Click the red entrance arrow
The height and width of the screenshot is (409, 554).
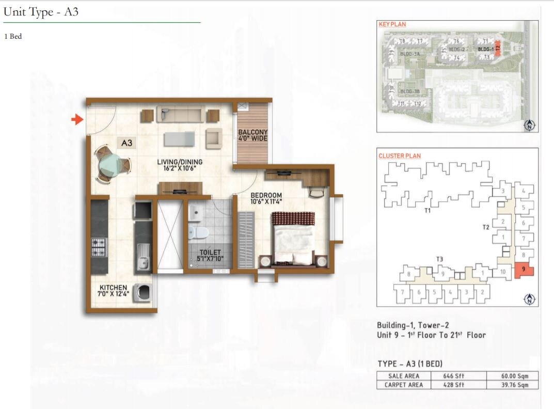77,120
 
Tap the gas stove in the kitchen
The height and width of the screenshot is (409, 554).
98,247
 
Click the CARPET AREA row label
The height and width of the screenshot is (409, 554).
403,385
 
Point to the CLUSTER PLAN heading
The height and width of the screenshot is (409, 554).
400,155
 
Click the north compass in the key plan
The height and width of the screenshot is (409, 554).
529,124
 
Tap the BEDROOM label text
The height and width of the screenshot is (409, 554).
266,195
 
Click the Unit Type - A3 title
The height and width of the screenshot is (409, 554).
41,12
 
